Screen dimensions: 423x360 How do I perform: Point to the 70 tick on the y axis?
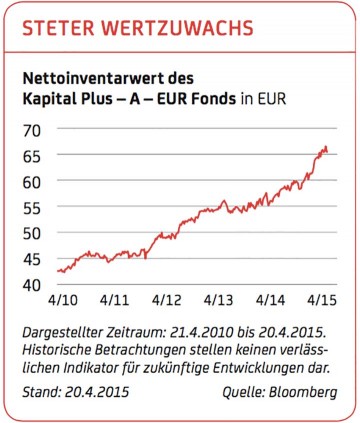pos(30,130)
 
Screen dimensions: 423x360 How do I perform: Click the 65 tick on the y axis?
pos(30,156)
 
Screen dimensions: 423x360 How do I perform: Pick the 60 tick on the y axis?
pos(30,182)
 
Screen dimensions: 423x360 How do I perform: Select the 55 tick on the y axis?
pos(30,208)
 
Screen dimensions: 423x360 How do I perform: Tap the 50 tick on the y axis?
pos(30,233)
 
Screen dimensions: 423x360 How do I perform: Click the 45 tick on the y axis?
pos(30,259)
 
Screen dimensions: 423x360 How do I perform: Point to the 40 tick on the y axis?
pos(30,285)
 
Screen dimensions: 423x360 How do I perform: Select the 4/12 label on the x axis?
pos(165,299)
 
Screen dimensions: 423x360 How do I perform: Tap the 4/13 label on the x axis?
pos(218,299)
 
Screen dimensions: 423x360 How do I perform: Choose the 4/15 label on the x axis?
pos(321,299)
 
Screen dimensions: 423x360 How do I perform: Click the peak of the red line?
pos(325,147)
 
